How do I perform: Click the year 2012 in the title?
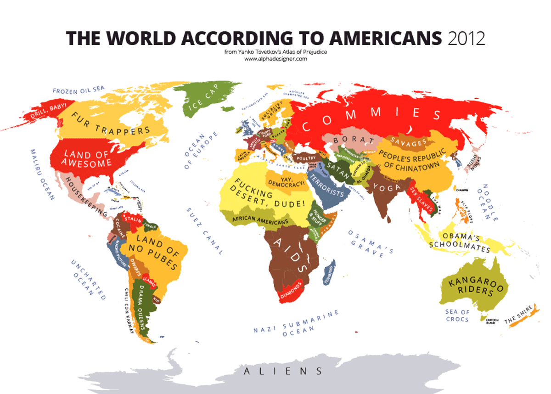click(x=466, y=38)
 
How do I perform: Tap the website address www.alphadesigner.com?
click(x=275, y=59)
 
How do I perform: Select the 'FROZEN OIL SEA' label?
click(x=79, y=90)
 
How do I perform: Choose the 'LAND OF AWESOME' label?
click(x=87, y=158)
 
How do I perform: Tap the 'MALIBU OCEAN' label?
click(x=42, y=174)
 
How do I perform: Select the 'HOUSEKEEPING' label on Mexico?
click(x=86, y=196)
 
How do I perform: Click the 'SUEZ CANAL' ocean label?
click(x=205, y=231)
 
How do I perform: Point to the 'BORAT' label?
click(x=351, y=138)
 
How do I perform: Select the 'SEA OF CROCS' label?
click(x=457, y=315)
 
